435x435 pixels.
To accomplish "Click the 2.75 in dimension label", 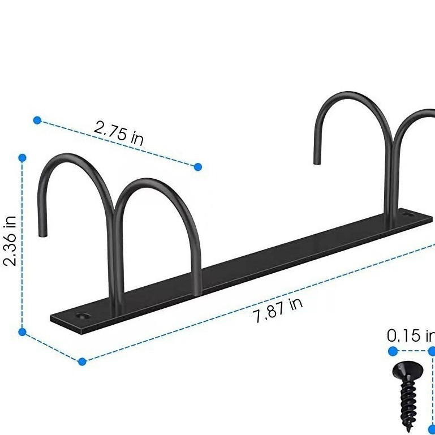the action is [x=119, y=133].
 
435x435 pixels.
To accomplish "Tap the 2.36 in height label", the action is [x=10, y=241].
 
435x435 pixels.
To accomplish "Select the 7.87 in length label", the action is [x=277, y=311].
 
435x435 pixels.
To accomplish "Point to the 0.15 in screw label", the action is [x=411, y=335].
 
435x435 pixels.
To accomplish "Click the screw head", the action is [x=408, y=371].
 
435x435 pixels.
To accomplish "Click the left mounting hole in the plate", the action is [x=84, y=316].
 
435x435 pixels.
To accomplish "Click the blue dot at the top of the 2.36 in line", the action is [x=22, y=158].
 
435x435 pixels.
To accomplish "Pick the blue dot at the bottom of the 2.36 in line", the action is [x=22, y=332].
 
